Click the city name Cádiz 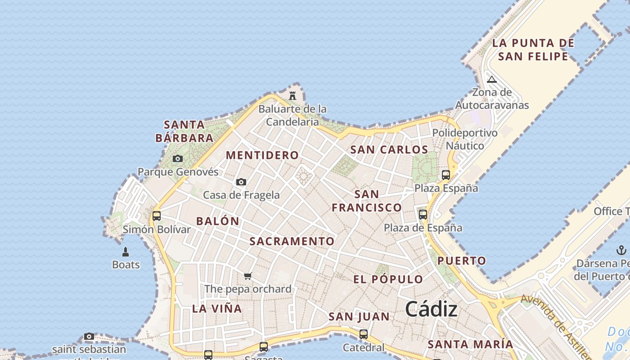[x=431, y=309]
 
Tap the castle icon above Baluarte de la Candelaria [x=292, y=95]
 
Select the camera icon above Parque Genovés [x=178, y=158]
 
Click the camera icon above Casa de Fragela [x=241, y=182]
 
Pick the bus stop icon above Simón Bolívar [x=157, y=216]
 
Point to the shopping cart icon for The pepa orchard [x=248, y=276]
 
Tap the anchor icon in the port [x=621, y=250]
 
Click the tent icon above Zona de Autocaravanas [x=492, y=80]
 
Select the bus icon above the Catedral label [x=364, y=334]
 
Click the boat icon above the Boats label [x=126, y=252]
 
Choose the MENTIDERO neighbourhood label [x=262, y=155]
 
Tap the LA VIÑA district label [x=217, y=309]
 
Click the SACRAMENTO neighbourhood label [x=292, y=241]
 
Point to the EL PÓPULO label [x=388, y=279]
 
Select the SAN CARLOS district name [x=389, y=150]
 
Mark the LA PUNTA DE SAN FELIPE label [x=533, y=49]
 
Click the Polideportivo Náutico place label [x=465, y=139]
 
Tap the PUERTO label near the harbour [x=462, y=261]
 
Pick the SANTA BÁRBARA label [x=184, y=131]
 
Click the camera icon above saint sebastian [x=89, y=336]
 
